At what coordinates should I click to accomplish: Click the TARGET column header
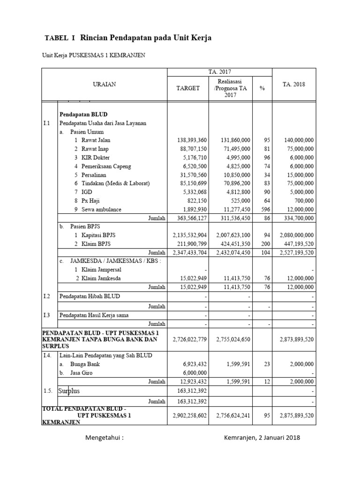[187, 88]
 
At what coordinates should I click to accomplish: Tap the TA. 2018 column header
[294, 84]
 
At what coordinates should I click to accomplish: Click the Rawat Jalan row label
[96, 140]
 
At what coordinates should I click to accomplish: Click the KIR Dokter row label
[95, 157]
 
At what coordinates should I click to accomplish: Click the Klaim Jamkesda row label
[101, 278]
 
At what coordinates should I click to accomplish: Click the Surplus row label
[69, 390]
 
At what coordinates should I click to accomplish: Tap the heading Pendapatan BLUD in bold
[83, 114]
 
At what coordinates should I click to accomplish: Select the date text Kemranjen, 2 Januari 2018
[262, 438]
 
